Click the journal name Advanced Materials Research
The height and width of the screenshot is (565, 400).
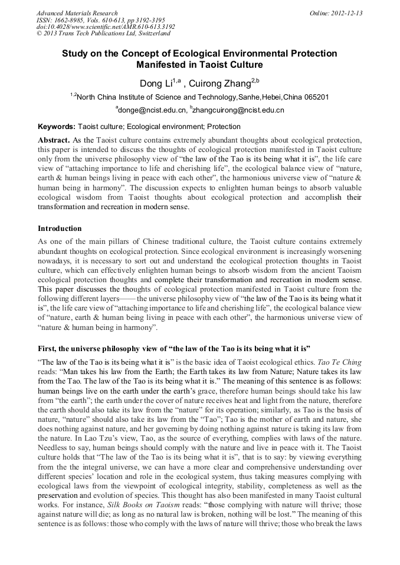click(77, 13)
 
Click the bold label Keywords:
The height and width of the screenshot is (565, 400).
click(57, 127)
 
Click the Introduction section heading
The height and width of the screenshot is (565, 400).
click(60, 228)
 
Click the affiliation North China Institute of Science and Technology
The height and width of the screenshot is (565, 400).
click(156, 97)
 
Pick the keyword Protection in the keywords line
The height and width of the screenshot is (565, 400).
click(224, 127)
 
